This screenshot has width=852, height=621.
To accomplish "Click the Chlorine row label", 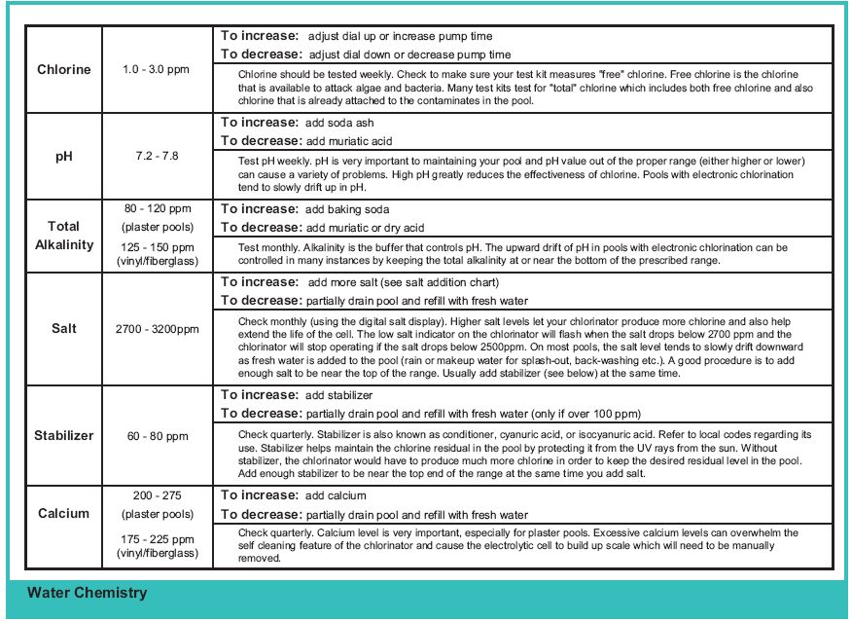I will click(64, 70).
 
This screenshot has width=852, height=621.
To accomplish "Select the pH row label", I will click(64, 156).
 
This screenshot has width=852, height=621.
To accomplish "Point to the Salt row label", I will click(64, 329).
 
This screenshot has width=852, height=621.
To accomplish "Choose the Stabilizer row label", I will click(64, 435).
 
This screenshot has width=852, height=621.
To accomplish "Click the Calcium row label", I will click(64, 514).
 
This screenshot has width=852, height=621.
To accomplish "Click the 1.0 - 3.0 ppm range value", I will click(156, 70).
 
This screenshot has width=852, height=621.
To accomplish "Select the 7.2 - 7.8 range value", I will click(156, 156).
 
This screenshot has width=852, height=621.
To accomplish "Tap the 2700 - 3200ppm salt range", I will click(156, 329).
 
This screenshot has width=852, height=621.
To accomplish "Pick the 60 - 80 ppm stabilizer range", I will click(156, 436).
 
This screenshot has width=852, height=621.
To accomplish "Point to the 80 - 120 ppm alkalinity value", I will click(156, 208).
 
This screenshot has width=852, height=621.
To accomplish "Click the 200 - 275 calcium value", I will click(156, 495).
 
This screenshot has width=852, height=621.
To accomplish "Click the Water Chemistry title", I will click(88, 592).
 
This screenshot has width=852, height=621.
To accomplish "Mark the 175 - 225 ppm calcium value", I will click(156, 538).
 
